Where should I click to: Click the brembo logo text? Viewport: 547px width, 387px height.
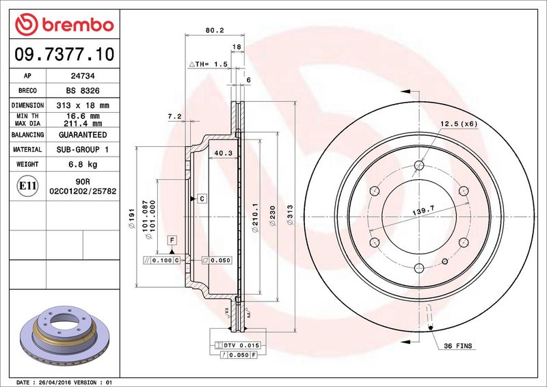click(78, 25)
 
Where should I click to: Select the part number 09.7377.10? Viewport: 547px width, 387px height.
click(64, 54)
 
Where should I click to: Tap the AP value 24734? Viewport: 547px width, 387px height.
click(83, 76)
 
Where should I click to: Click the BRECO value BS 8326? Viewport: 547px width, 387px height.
click(83, 91)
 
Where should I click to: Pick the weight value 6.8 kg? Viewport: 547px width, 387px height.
click(83, 164)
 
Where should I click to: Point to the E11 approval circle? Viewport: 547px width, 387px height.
click(27, 186)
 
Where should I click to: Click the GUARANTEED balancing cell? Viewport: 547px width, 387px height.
click(83, 135)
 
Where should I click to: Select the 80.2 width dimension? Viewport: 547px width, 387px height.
click(215, 30)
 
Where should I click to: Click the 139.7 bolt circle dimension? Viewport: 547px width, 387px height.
click(423, 211)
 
